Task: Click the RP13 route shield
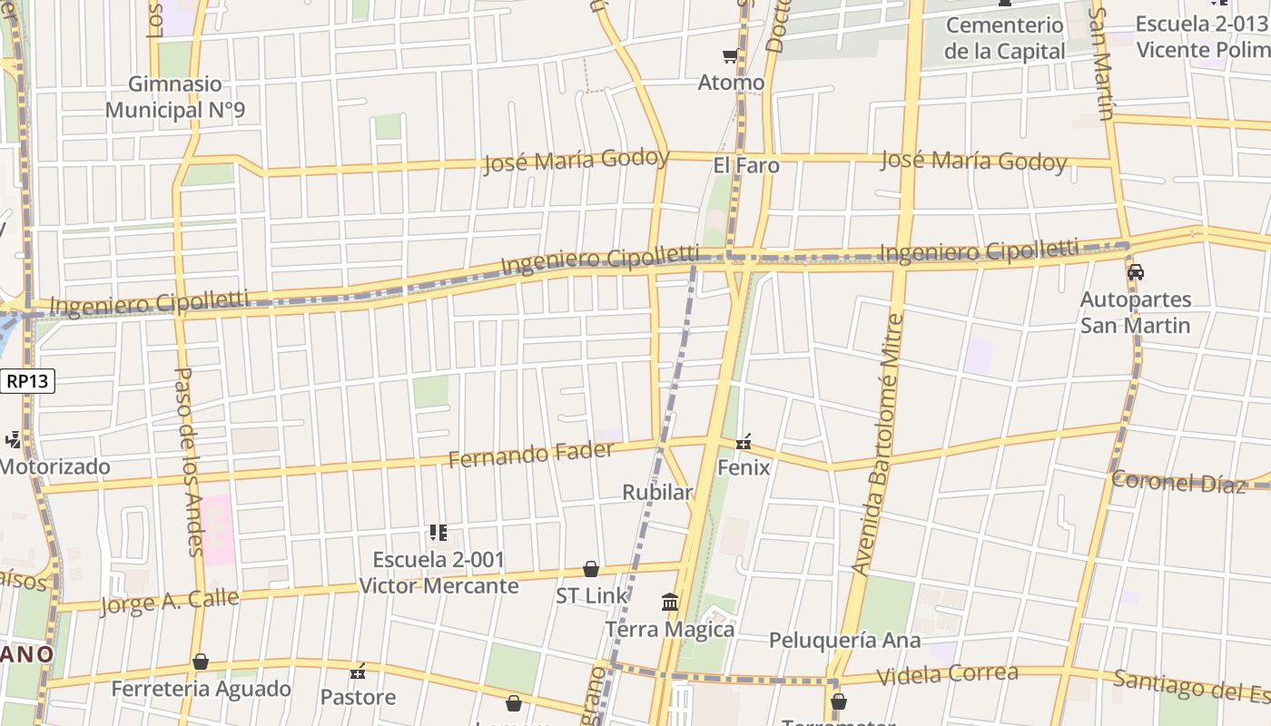coord(27,382)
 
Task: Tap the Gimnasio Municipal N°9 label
coord(175,97)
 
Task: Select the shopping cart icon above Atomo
coord(730,56)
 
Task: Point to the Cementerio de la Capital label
coord(1004,38)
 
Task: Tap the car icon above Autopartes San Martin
coord(1135,271)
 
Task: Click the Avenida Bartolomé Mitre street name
coord(879,445)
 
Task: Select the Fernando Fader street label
coord(531,453)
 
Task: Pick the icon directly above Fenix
coord(744,442)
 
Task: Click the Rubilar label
coord(657,493)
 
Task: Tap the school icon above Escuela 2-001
coord(438,533)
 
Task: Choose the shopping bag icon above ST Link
coord(591,569)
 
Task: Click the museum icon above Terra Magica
coord(670,602)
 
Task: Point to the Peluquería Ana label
coord(844,641)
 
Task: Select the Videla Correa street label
coord(948,674)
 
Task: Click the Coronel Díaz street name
coord(1178,482)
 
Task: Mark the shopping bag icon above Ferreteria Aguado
coord(201,662)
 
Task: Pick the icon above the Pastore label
coord(358,672)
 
